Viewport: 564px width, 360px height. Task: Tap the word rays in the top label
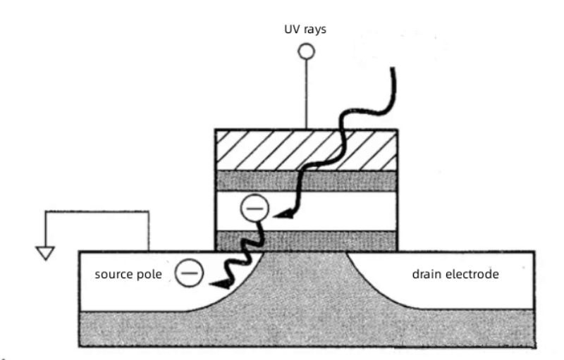[x=313, y=31]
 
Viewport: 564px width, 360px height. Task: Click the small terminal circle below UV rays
[x=306, y=51]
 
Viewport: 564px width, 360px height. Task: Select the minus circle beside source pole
[x=188, y=273]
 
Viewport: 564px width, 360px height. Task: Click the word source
[x=113, y=273]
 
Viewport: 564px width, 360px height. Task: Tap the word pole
[x=151, y=273]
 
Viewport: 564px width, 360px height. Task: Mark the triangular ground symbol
[x=46, y=252]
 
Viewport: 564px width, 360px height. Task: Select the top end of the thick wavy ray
[x=393, y=69]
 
